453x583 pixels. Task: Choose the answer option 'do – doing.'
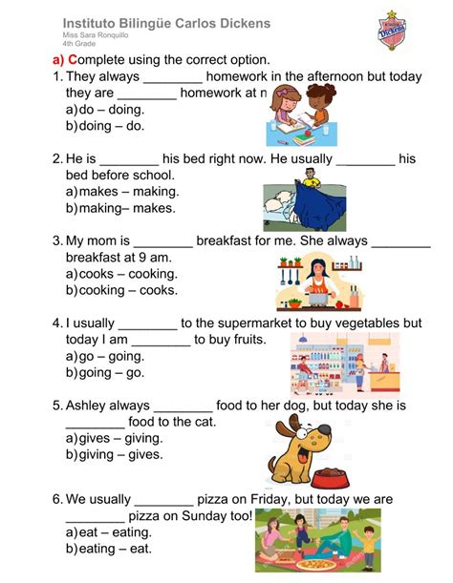(111, 109)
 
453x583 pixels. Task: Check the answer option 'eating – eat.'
(115, 551)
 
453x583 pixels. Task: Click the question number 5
(57, 406)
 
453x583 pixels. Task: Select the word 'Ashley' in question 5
(90, 406)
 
